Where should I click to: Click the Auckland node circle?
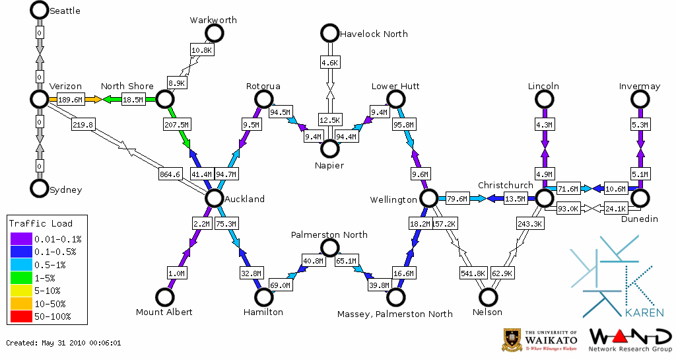pyautogui.click(x=213, y=198)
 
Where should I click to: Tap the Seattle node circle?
pyautogui.click(x=40, y=11)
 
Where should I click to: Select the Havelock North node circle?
pyautogui.click(x=329, y=33)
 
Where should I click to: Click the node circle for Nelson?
pyautogui.click(x=488, y=298)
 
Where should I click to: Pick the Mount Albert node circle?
pyautogui.click(x=164, y=298)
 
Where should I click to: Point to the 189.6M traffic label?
pyautogui.click(x=71, y=100)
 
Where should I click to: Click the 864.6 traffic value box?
pyautogui.click(x=170, y=174)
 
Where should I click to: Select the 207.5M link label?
pyautogui.click(x=177, y=124)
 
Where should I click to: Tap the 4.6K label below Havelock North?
pyautogui.click(x=329, y=63)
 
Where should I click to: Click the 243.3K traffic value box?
pyautogui.click(x=530, y=224)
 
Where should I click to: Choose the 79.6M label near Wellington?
pyautogui.click(x=457, y=199)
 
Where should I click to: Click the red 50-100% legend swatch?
pyautogui.click(x=21, y=316)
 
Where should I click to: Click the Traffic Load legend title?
pyautogui.click(x=41, y=223)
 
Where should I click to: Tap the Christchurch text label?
pyautogui.click(x=505, y=185)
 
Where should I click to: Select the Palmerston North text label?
pyautogui.click(x=329, y=234)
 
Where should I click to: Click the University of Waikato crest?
pyautogui.click(x=513, y=340)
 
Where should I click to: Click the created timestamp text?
pyautogui.click(x=63, y=343)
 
